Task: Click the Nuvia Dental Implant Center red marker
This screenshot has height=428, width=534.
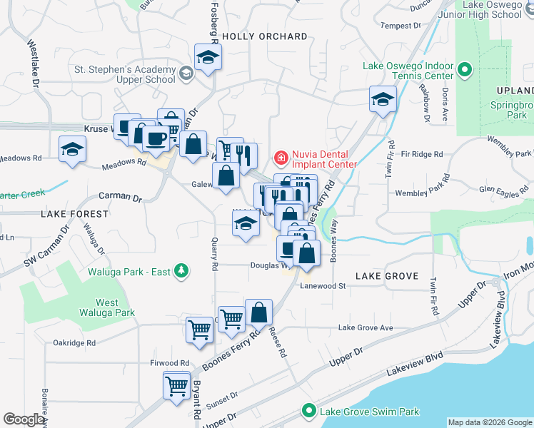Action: coord(281,157)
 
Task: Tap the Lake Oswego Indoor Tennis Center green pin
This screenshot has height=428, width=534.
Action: coord(465,70)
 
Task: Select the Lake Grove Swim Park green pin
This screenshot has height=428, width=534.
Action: coord(308,411)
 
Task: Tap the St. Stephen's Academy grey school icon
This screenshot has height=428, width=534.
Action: coord(186,72)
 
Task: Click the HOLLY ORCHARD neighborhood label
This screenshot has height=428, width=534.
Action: coord(265,36)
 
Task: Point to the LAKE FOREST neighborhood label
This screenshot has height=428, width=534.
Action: coord(75,213)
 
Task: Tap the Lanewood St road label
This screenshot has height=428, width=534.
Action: coord(323,286)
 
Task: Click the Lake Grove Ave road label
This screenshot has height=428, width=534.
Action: coord(366,328)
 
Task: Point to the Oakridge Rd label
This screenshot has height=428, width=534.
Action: coord(74,342)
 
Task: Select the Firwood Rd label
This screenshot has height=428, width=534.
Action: coord(169,363)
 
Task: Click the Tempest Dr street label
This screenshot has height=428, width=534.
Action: coord(401,26)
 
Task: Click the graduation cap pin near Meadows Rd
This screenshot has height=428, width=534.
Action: coord(72,149)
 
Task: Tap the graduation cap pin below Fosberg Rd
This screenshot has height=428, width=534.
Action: coord(208,58)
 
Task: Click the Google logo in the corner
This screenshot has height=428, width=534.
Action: coord(25,419)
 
